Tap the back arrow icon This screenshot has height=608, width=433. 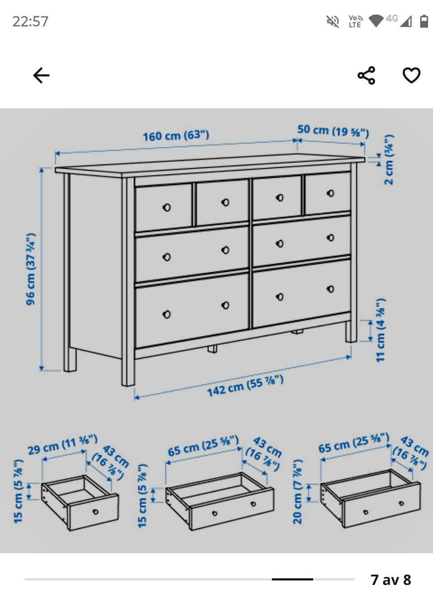41,75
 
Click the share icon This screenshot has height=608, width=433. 366,75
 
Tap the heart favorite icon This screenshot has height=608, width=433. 411,75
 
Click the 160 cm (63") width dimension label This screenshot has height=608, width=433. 176,135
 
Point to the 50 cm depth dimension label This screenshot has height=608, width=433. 333,131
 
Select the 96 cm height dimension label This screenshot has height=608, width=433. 31,269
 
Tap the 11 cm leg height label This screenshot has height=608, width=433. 381,330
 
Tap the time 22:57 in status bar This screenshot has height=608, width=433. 30,22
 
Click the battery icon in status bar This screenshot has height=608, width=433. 424,21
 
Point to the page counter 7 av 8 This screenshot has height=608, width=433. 391,580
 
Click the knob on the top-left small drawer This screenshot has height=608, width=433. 166,207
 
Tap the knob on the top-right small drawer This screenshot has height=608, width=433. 331,193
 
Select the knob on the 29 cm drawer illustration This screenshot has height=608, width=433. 96,512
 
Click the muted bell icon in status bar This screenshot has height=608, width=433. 332,22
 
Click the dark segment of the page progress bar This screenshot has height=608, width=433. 292,579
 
